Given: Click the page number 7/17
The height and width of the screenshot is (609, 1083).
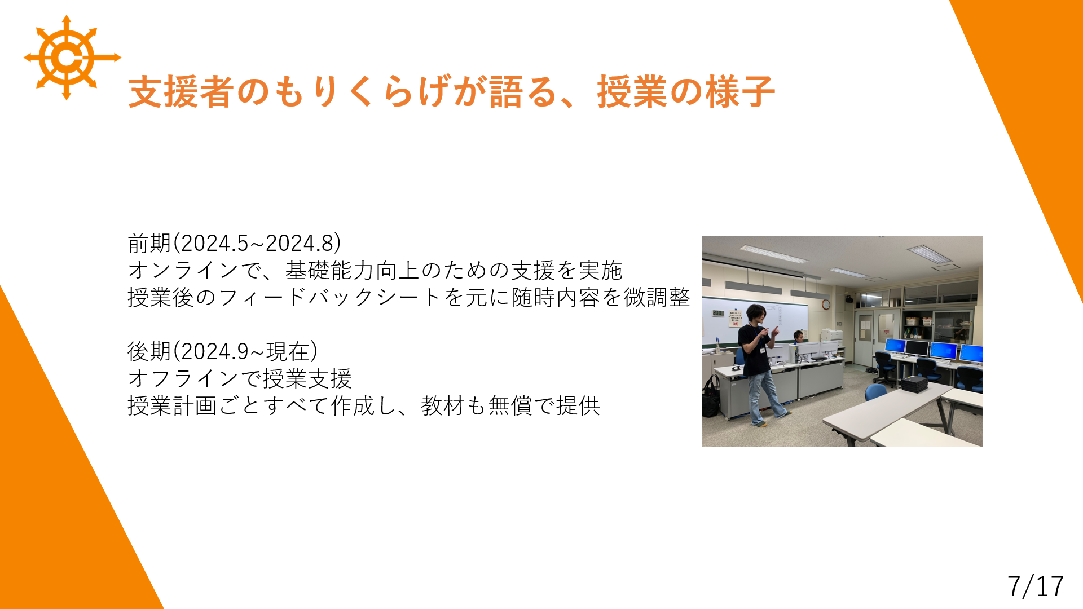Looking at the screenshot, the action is click(1035, 586).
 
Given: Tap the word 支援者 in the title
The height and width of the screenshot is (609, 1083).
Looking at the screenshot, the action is click(180, 91).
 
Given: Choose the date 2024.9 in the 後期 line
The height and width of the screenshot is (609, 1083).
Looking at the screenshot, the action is click(215, 351).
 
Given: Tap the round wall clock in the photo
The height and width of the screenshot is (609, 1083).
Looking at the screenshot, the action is click(826, 304).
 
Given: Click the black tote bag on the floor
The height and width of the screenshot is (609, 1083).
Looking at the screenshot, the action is click(711, 398).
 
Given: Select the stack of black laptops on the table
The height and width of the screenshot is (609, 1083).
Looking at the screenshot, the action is click(914, 385).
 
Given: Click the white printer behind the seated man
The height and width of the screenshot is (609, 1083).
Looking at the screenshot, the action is click(831, 336).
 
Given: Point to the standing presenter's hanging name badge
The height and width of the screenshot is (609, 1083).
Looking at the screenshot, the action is click(762, 350).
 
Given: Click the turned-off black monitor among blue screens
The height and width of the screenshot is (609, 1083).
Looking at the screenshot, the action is click(917, 348).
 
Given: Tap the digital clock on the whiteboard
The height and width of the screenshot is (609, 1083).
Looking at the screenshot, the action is click(717, 313).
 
